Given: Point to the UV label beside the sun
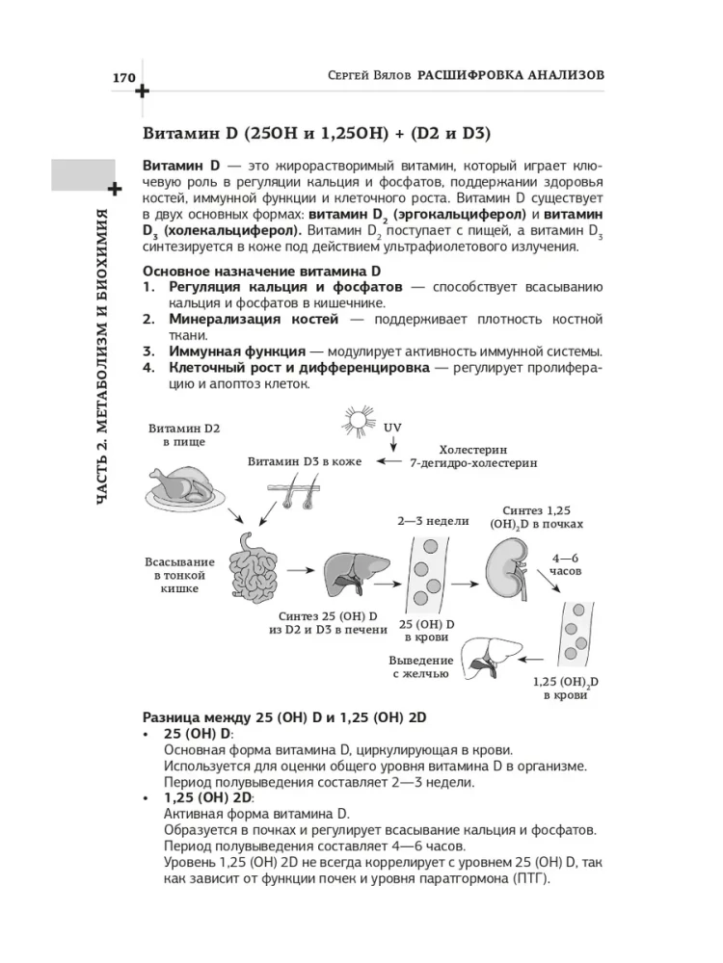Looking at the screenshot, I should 392,426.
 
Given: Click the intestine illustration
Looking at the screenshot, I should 253,567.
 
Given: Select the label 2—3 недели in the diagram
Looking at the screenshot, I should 433,521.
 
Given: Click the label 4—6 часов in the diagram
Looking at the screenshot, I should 567,563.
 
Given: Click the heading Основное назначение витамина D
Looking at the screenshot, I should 262,272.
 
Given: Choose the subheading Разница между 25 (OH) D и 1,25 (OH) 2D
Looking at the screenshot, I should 284,717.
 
